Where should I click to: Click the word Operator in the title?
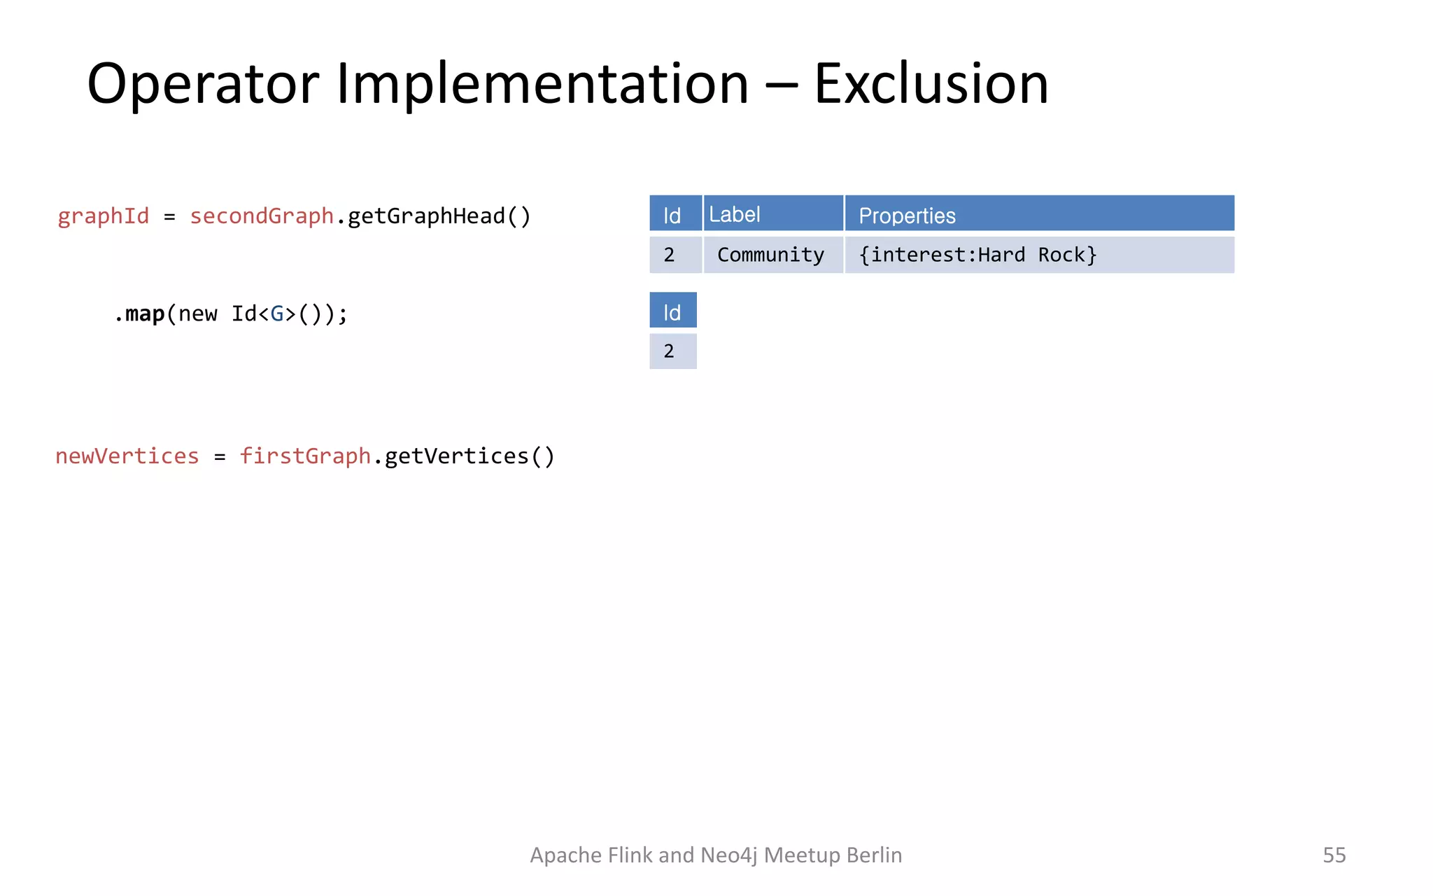tap(203, 84)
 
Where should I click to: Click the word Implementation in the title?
tap(542, 84)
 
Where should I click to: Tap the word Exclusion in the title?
tap(931, 84)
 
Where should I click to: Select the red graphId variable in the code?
tap(104, 216)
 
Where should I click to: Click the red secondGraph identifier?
tap(262, 216)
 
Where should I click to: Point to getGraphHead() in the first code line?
tap(439, 216)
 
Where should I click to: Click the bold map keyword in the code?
tap(145, 314)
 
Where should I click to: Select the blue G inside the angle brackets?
tap(277, 314)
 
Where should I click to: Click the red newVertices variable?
tap(127, 456)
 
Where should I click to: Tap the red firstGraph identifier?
tap(305, 456)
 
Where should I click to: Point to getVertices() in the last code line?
tap(470, 456)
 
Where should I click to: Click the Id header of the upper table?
tap(672, 215)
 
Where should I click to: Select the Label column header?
tap(735, 214)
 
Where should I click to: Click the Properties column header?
tap(907, 216)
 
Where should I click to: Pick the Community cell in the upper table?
tap(770, 255)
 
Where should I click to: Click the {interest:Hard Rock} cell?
tap(977, 255)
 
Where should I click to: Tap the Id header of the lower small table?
tap(672, 311)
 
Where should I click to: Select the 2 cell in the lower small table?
tap(670, 351)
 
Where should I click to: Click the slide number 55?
tap(1334, 855)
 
